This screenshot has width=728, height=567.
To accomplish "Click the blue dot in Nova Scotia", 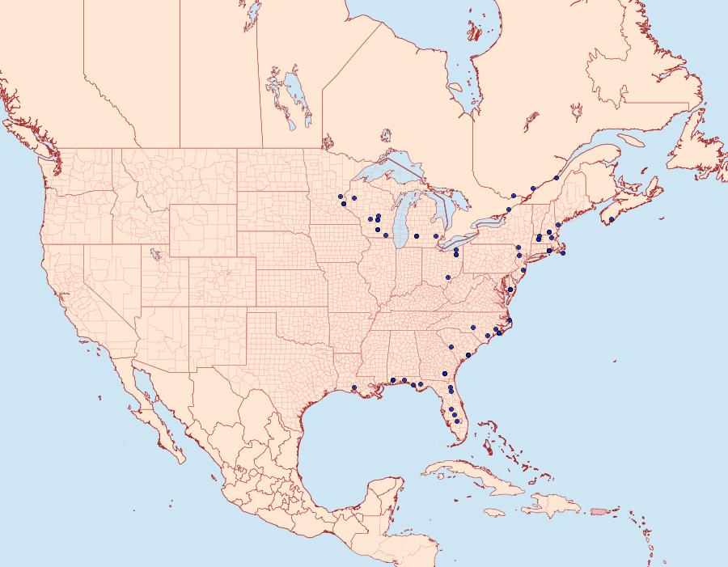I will pos(612,219).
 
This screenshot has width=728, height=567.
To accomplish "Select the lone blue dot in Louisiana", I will pos(354,388).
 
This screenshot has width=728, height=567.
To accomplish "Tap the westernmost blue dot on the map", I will pos(341,197).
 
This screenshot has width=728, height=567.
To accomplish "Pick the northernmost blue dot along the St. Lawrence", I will pos(557,178).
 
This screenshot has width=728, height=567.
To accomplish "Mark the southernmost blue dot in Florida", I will pos(458,421).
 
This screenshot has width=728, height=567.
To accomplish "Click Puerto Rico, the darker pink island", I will pos(599,510).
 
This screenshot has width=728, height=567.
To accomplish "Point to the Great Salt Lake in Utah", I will pos(153,256).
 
